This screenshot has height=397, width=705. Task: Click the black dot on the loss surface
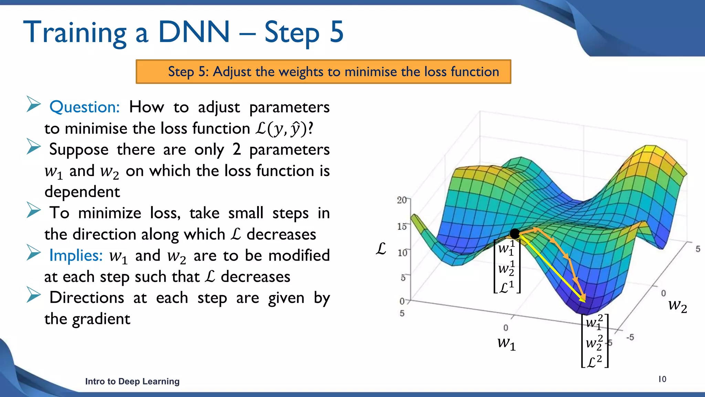click(x=515, y=234)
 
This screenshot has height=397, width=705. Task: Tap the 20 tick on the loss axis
click(x=402, y=200)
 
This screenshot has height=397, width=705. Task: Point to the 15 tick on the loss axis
click(x=402, y=226)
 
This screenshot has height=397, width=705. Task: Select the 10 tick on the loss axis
click(x=402, y=253)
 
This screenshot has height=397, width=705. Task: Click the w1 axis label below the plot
click(x=506, y=343)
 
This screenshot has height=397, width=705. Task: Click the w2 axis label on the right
click(x=677, y=306)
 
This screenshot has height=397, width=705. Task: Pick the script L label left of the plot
click(x=381, y=249)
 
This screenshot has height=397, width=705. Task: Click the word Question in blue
click(x=84, y=107)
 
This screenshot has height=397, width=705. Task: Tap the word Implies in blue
click(x=76, y=255)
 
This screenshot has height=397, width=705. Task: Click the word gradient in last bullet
click(x=101, y=319)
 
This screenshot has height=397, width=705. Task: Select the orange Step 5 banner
click(x=323, y=72)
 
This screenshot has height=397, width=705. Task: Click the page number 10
click(x=662, y=379)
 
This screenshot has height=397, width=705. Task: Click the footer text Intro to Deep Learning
click(x=132, y=381)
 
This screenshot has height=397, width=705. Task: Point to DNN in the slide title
click(x=193, y=32)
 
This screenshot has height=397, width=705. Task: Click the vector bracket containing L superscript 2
click(x=594, y=341)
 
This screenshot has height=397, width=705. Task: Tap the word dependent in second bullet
click(x=82, y=192)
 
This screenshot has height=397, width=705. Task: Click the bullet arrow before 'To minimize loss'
click(x=33, y=210)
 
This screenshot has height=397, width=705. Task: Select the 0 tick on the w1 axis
click(x=505, y=328)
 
